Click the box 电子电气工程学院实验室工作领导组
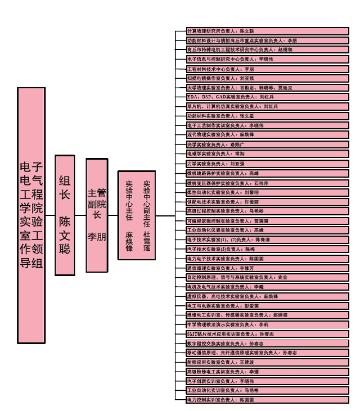pyautogui.click(x=31, y=215)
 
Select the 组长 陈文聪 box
pyautogui.click(x=65, y=215)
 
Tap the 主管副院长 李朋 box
pyautogui.click(x=97, y=215)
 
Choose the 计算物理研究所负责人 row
pyautogui.click(x=267, y=31)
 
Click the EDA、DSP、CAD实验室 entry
pyautogui.click(x=267, y=97)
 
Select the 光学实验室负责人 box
pyautogui.click(x=267, y=144)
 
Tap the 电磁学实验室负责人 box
pyautogui.click(x=267, y=154)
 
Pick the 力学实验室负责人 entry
pyautogui.click(x=267, y=164)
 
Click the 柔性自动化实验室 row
pyautogui.click(x=267, y=192)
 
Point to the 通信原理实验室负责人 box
pyautogui.click(x=267, y=268)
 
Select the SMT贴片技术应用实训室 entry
pyautogui.click(x=267, y=334)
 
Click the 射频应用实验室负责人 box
pyautogui.click(x=267, y=363)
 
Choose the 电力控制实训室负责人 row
pyautogui.click(x=267, y=400)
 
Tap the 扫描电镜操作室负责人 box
pyautogui.click(x=267, y=78)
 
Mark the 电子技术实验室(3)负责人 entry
pyautogui.click(x=267, y=249)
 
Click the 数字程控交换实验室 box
pyautogui.click(x=267, y=344)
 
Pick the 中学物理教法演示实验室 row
pyautogui.click(x=267, y=324)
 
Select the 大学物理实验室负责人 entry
pyautogui.click(x=267, y=88)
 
